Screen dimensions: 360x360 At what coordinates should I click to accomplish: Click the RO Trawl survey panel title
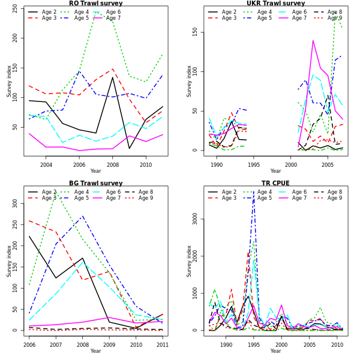(95, 4)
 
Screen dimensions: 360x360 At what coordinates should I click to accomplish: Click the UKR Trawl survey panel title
(275, 4)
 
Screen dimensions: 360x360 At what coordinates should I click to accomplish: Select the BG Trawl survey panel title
(95, 184)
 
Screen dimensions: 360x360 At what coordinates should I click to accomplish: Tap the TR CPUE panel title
(275, 184)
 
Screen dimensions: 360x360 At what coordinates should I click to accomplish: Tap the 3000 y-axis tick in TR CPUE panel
(195, 219)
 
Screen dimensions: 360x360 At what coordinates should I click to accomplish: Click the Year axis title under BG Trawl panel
(95, 351)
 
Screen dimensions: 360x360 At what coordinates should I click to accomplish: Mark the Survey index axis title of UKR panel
(190, 81)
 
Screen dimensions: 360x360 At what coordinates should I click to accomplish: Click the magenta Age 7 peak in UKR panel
(313, 41)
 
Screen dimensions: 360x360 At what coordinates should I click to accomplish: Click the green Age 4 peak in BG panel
(56, 194)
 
